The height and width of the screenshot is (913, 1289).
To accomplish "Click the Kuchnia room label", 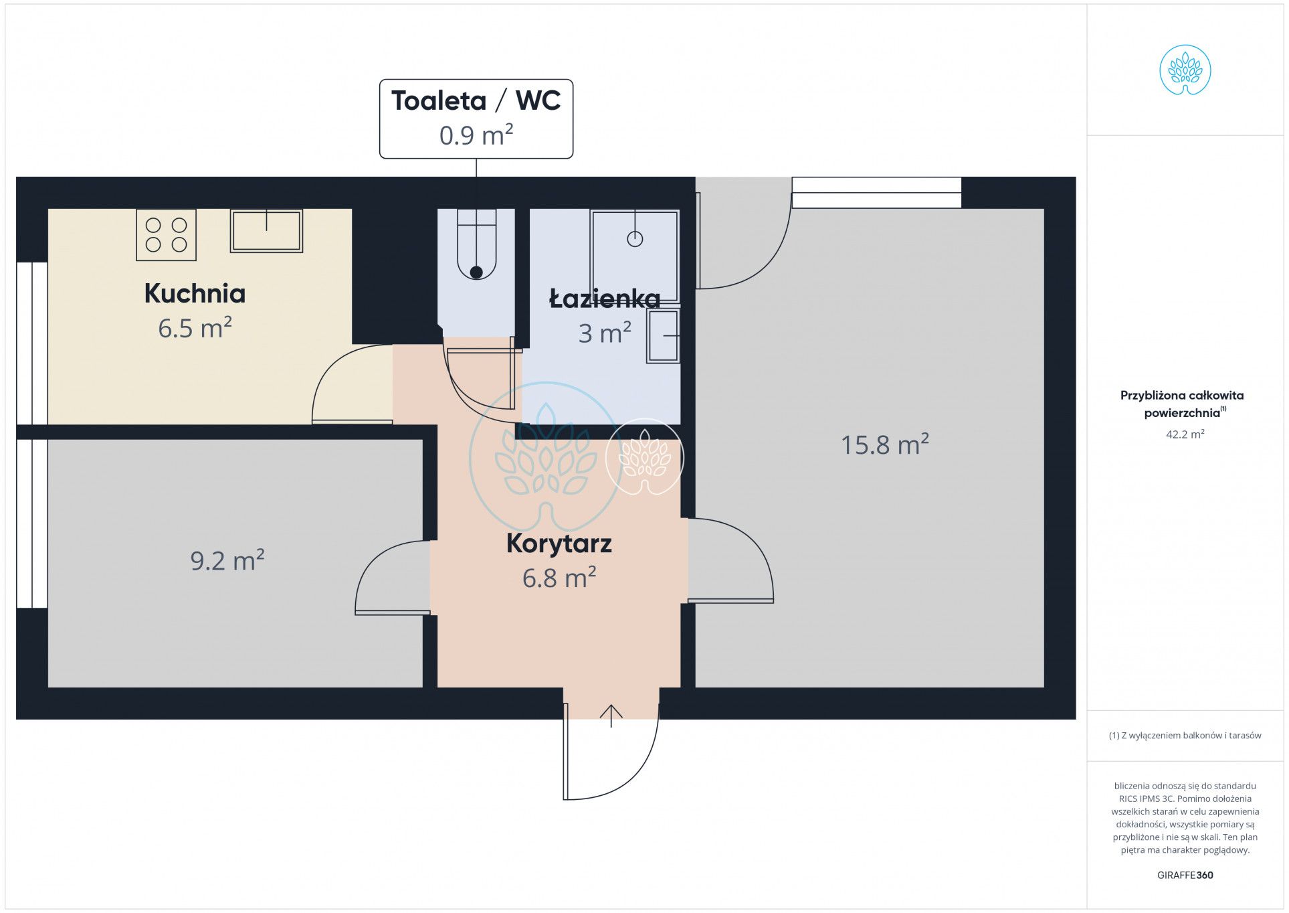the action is click(195, 293).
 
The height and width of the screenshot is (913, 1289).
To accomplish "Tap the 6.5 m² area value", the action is click(195, 328).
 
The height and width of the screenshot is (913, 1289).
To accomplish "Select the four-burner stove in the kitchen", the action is click(166, 235).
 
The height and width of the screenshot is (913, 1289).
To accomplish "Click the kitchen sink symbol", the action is click(266, 231).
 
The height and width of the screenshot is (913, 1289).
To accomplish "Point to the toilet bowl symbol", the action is click(476, 244).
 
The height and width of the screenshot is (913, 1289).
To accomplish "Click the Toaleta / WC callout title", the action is click(476, 100).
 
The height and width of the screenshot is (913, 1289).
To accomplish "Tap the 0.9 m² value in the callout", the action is click(476, 135).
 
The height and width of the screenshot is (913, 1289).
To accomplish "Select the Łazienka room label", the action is click(604, 299).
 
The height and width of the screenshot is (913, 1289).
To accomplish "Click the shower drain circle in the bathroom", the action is click(635, 239).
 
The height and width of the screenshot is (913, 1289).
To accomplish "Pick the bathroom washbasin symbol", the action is click(663, 335).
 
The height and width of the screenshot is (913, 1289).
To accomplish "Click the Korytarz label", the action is click(559, 544).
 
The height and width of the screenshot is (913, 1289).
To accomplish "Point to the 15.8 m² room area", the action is click(884, 444).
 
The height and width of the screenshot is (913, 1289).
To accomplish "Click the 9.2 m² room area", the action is click(227, 561).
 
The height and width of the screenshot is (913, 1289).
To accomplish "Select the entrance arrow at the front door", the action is click(611, 716).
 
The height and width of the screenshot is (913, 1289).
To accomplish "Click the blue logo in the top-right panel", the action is click(1185, 70).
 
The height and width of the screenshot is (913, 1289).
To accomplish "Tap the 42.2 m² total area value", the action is click(1185, 434).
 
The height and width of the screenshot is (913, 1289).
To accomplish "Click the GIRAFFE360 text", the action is click(1185, 875).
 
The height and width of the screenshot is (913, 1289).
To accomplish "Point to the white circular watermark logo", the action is click(645, 457).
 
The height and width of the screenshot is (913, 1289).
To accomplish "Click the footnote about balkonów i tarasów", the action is click(1185, 736).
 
